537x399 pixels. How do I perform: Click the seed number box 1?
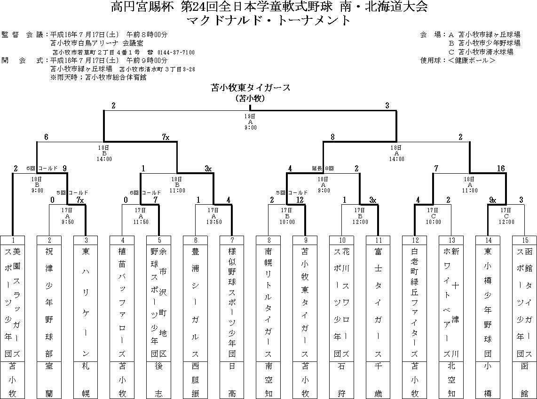click(x=13, y=240)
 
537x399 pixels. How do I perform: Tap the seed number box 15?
click(x=524, y=240)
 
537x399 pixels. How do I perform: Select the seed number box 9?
click(x=305, y=240)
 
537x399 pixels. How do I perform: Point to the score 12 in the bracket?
click(x=300, y=200)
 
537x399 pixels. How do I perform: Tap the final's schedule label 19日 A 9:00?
click(x=250, y=121)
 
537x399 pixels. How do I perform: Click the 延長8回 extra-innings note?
click(x=323, y=168)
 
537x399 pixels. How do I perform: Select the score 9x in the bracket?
click(x=492, y=200)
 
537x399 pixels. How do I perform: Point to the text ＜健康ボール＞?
click(x=472, y=60)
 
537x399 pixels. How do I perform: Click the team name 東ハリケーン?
click(x=86, y=303)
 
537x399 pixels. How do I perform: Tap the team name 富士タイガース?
click(x=378, y=303)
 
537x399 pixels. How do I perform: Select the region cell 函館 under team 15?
click(x=524, y=380)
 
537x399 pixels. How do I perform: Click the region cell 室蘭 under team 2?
click(x=49, y=380)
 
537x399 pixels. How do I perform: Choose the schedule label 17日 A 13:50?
click(x=213, y=215)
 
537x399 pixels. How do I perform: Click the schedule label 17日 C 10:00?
click(x=433, y=215)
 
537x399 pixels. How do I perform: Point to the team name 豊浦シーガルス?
click(x=195, y=303)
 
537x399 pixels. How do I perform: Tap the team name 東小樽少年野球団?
click(x=488, y=303)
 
